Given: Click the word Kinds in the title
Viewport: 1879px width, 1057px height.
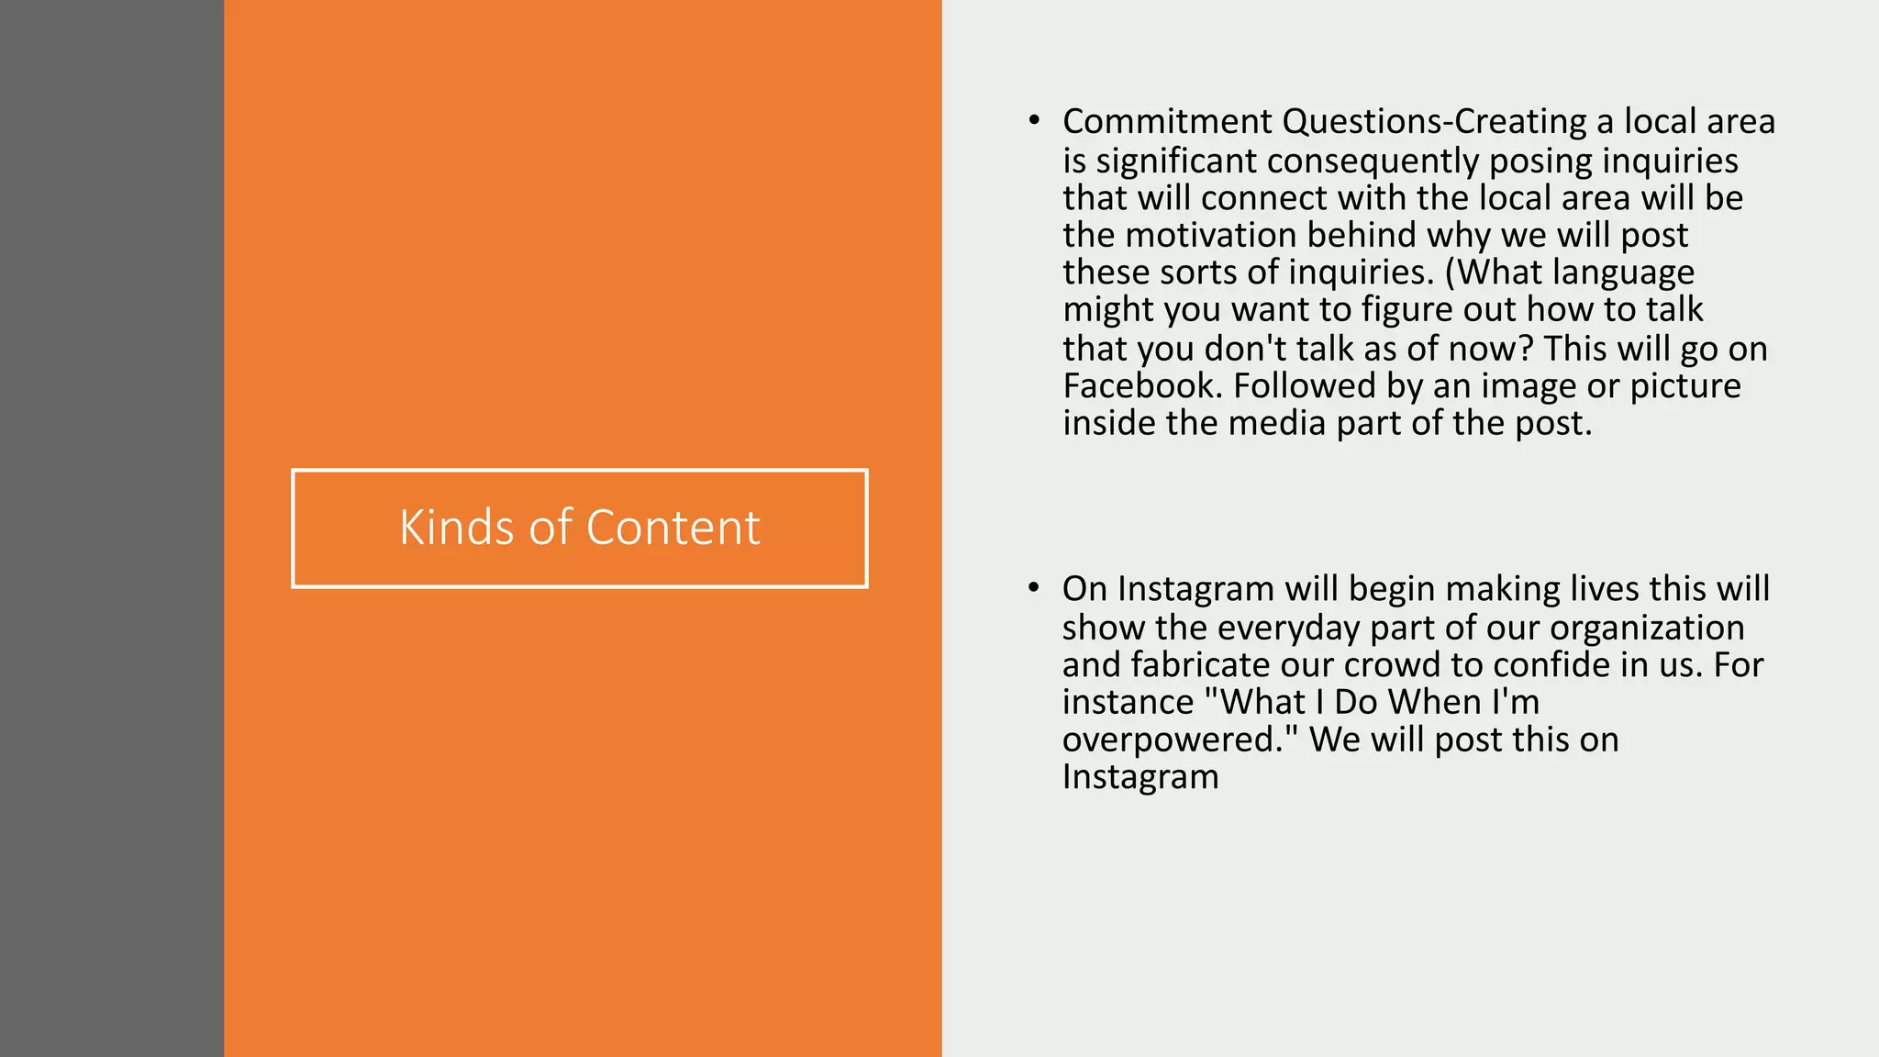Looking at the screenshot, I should (456, 528).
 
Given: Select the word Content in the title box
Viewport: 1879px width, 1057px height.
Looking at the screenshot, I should (673, 528).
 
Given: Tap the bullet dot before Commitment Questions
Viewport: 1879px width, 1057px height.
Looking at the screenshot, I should (1034, 121).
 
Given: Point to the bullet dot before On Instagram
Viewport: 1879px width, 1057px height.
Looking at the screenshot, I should (1034, 588).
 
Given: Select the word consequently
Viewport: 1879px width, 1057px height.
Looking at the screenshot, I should (1373, 161).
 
